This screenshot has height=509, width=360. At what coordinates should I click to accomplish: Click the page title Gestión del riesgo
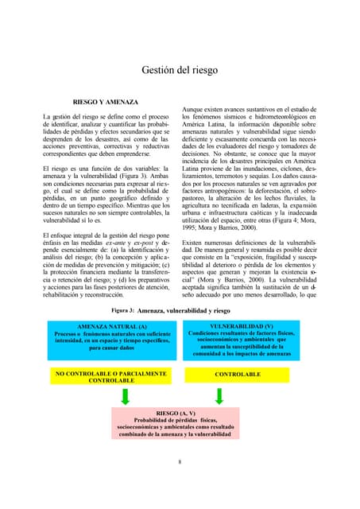click(180, 70)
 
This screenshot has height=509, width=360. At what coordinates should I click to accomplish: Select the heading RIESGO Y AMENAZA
click(106, 103)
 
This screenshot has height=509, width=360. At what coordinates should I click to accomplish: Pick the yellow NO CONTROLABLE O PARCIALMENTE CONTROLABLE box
click(110, 376)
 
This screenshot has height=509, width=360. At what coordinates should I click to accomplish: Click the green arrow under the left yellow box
click(125, 396)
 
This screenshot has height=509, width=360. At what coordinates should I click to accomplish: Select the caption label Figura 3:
click(123, 311)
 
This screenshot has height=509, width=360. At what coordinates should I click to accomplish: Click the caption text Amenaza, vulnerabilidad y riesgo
click(184, 311)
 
